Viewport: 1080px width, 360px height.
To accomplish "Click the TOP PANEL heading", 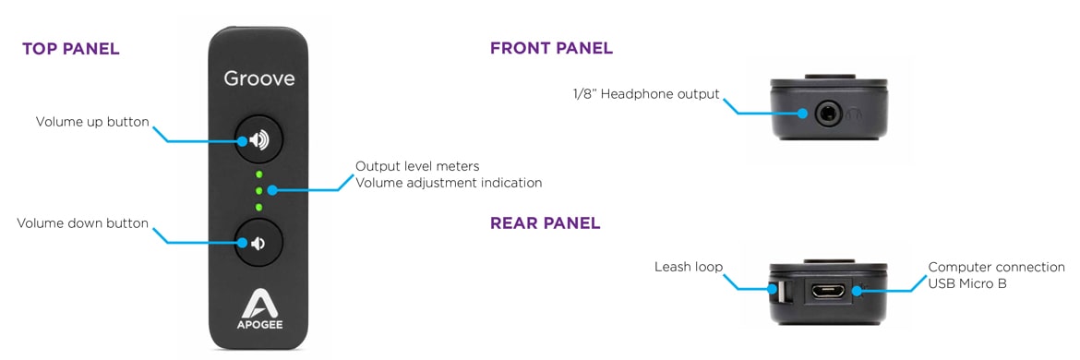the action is click(71, 49).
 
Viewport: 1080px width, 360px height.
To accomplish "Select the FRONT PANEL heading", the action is click(551, 48).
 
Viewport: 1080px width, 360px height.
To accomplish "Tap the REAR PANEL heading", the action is click(545, 223).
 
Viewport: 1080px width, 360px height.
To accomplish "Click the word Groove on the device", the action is click(259, 79).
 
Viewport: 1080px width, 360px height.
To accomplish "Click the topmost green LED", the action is click(259, 174).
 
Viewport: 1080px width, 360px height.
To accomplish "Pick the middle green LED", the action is click(259, 191).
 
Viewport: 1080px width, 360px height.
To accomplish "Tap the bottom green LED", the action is click(259, 207).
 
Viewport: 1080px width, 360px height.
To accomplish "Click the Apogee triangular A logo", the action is click(259, 303).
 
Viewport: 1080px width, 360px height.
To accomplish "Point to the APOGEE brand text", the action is click(259, 325).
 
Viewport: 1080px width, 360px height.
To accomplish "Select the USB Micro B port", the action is click(823, 291).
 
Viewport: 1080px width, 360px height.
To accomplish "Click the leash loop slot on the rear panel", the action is click(781, 292).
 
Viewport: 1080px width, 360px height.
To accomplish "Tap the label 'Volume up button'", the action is click(92, 123).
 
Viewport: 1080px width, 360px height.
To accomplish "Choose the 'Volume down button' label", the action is click(83, 223).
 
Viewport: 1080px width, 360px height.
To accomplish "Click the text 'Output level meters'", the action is click(417, 166).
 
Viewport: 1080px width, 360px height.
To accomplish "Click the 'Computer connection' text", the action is click(997, 267).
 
